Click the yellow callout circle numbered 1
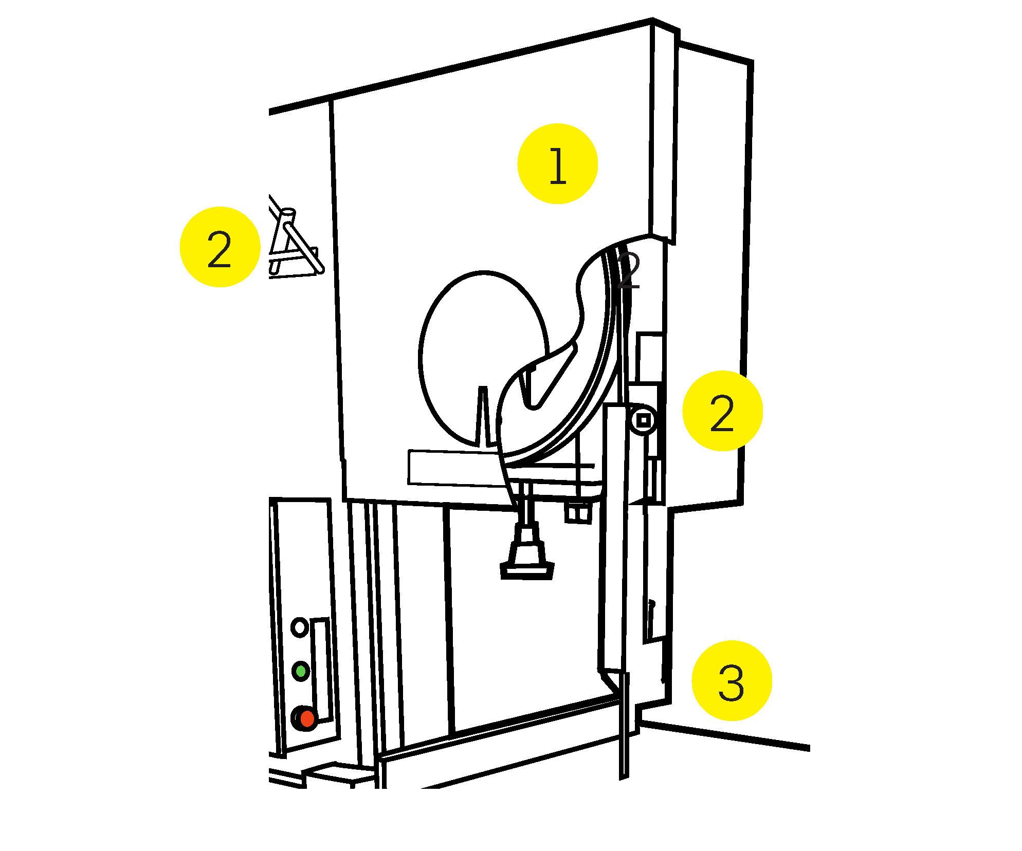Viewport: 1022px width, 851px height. coord(557,163)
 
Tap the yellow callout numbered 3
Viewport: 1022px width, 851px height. coord(732,680)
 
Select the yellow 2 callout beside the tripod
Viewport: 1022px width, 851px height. coord(220,247)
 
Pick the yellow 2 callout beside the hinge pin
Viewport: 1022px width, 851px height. coord(722,411)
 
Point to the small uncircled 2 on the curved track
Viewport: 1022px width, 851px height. coord(628,270)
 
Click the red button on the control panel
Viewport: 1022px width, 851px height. coord(307,718)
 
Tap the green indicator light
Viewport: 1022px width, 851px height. coord(300,671)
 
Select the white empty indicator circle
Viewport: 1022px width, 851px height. coord(299,627)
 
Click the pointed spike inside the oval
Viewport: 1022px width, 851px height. coord(482,411)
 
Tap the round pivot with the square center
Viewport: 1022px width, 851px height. coord(643,421)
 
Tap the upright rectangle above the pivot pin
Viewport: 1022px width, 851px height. coord(649,357)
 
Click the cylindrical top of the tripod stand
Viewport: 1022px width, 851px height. coord(287,213)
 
